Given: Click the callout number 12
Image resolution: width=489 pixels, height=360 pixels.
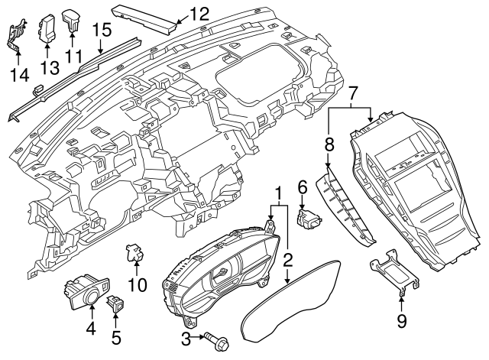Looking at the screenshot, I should click(x=199, y=12).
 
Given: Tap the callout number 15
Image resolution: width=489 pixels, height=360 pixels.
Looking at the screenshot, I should click(x=102, y=30).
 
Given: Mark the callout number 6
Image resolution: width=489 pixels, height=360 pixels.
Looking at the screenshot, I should click(x=302, y=185).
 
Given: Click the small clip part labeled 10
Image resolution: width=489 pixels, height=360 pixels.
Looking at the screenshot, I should click(x=135, y=251).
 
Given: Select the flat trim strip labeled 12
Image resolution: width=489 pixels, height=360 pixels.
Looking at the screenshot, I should click(x=146, y=16).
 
